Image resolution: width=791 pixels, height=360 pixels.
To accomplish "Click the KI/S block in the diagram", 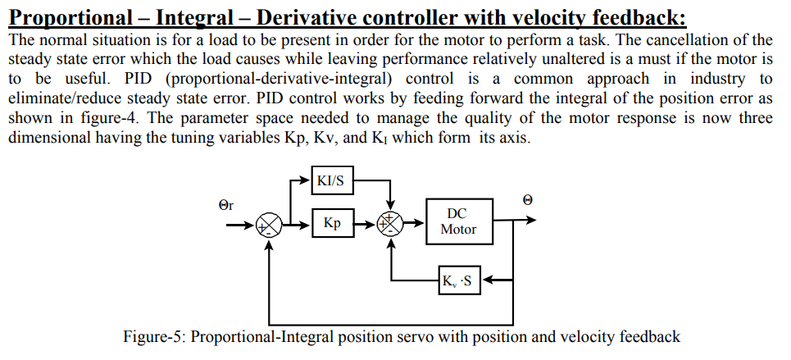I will pyautogui.click(x=332, y=181).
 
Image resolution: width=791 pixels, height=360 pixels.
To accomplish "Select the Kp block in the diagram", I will pyautogui.click(x=332, y=223).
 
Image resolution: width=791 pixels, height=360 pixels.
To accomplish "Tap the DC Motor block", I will pyautogui.click(x=457, y=221).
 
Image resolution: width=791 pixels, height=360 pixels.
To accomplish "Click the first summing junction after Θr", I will pyautogui.click(x=270, y=225).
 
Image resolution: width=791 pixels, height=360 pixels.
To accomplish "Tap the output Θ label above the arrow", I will pyautogui.click(x=527, y=199).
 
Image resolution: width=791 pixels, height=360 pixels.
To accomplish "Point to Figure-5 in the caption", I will pyautogui.click(x=153, y=337).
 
